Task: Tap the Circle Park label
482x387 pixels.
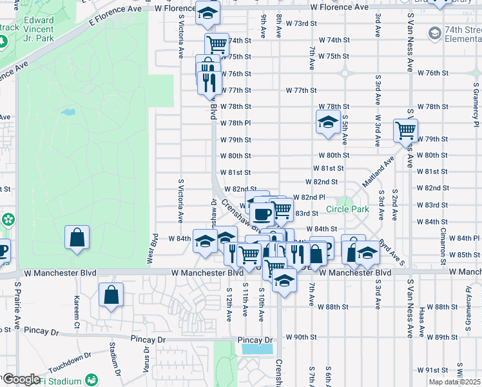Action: click(x=347, y=209)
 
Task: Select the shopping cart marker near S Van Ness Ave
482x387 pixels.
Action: click(x=405, y=130)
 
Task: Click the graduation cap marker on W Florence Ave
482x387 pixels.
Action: click(x=207, y=13)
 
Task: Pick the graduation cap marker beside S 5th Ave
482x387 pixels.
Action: click(x=328, y=121)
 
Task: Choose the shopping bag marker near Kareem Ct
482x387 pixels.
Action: click(x=111, y=295)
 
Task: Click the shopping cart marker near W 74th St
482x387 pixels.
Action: click(x=217, y=45)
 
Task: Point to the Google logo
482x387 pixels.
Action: click(x=21, y=379)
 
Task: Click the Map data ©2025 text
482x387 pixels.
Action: click(x=454, y=382)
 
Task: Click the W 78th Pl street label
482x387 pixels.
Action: click(x=235, y=123)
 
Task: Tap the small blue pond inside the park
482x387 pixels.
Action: click(x=68, y=112)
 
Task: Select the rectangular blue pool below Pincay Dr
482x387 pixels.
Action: click(x=256, y=350)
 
